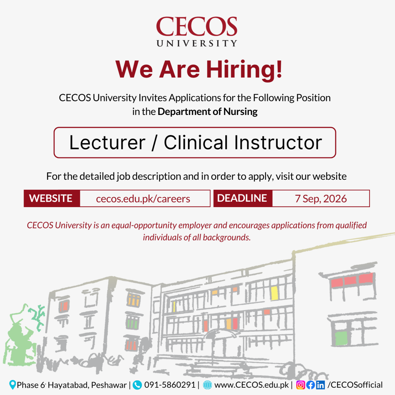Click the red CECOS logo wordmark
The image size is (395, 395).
click(196, 27)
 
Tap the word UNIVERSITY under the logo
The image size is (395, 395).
click(197, 43)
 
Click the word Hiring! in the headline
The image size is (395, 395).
click(244, 70)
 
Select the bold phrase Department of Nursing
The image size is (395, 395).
click(208, 111)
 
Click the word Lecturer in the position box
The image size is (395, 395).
click(107, 143)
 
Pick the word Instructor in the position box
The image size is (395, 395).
click(278, 143)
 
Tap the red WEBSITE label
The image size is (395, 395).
click(51, 198)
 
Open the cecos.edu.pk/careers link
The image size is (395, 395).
click(143, 199)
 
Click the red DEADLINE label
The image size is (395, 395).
click(242, 198)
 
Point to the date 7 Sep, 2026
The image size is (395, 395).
click(321, 199)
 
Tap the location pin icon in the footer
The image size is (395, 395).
click(12, 385)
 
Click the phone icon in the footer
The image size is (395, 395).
click(137, 385)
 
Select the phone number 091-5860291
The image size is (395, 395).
click(170, 385)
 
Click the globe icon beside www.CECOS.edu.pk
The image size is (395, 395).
click(207, 385)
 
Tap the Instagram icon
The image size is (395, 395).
click(300, 385)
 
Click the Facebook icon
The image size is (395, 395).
click(311, 385)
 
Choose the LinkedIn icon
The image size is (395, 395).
click(321, 385)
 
